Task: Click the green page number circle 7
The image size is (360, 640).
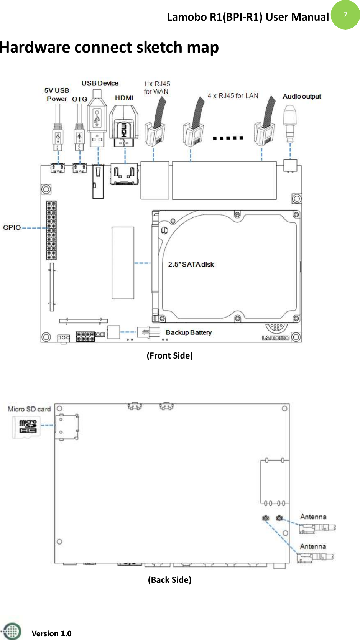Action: pyautogui.click(x=345, y=15)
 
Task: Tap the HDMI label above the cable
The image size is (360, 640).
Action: pyautogui.click(x=124, y=98)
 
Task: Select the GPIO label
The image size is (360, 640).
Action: pyautogui.click(x=12, y=227)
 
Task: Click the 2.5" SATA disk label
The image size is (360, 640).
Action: pyautogui.click(x=191, y=264)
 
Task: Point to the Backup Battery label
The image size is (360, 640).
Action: pyautogui.click(x=189, y=332)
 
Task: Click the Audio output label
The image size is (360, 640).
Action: pyautogui.click(x=302, y=96)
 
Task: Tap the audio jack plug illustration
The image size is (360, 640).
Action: pyautogui.click(x=290, y=123)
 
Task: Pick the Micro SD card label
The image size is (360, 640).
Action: pyautogui.click(x=29, y=409)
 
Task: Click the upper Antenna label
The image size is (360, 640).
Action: pyautogui.click(x=313, y=517)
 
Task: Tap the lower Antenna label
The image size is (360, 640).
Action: pyautogui.click(x=313, y=546)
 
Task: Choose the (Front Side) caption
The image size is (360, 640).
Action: pyautogui.click(x=169, y=355)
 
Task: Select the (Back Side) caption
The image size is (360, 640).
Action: pyautogui.click(x=169, y=579)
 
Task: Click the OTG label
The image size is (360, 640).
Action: pyautogui.click(x=80, y=99)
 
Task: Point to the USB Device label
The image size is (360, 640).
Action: pyautogui.click(x=100, y=83)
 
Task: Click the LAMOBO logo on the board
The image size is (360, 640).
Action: pyautogui.click(x=275, y=337)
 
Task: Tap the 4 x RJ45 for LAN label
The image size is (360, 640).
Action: pyautogui.click(x=233, y=95)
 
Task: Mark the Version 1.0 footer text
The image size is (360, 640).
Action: pyautogui.click(x=51, y=633)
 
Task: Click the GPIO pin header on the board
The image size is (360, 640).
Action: pyautogui.click(x=51, y=230)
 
